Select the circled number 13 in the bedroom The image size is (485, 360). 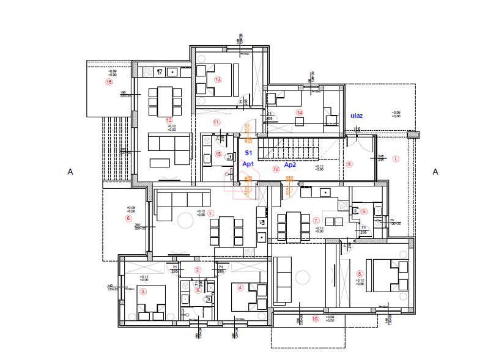click(x=217, y=79)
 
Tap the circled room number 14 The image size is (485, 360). click(x=300, y=112)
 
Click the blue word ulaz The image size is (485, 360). click(x=357, y=115)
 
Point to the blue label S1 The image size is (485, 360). click(x=248, y=152)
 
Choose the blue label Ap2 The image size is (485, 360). click(x=290, y=164)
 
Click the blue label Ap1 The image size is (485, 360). click(x=248, y=164)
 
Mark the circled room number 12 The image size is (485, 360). click(x=169, y=120)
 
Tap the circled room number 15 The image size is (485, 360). click(x=218, y=154)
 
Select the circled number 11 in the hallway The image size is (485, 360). click(x=217, y=122)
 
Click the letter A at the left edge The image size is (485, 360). click(x=70, y=172)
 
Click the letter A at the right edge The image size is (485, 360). click(x=435, y=172)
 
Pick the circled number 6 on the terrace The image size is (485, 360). click(x=128, y=218)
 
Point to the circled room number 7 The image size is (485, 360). click(x=316, y=220)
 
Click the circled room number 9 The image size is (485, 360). click(x=363, y=211)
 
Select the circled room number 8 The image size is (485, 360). click(x=360, y=274)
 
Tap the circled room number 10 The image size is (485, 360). click(x=316, y=318)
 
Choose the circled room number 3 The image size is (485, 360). click(x=143, y=292)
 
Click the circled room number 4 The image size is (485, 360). click(x=240, y=287)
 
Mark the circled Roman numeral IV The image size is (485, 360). click(x=276, y=169)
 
